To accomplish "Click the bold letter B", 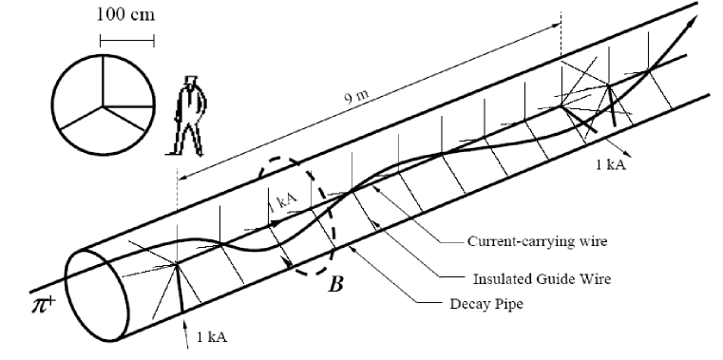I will [x=335, y=281].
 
